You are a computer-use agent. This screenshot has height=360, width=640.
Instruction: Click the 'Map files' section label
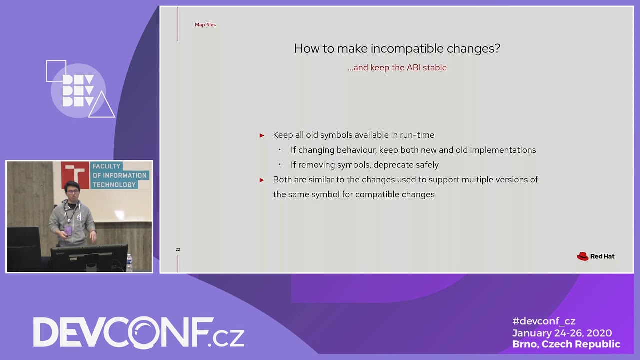click(x=205, y=25)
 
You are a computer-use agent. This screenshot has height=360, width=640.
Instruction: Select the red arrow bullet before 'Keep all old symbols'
click(x=261, y=135)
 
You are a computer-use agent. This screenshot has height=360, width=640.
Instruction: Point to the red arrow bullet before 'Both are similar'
click(x=261, y=180)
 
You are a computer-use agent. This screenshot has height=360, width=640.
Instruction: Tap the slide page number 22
click(x=178, y=249)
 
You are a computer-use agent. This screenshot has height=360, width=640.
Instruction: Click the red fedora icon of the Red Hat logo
click(x=582, y=256)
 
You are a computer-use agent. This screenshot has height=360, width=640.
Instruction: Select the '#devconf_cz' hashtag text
click(x=544, y=321)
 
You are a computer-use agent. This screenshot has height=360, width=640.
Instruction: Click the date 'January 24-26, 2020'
click(x=562, y=333)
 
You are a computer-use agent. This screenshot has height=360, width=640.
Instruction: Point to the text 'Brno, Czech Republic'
click(x=566, y=344)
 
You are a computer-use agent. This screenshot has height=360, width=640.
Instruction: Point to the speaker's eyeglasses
click(x=73, y=192)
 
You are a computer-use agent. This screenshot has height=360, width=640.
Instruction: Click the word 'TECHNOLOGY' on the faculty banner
click(x=114, y=185)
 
